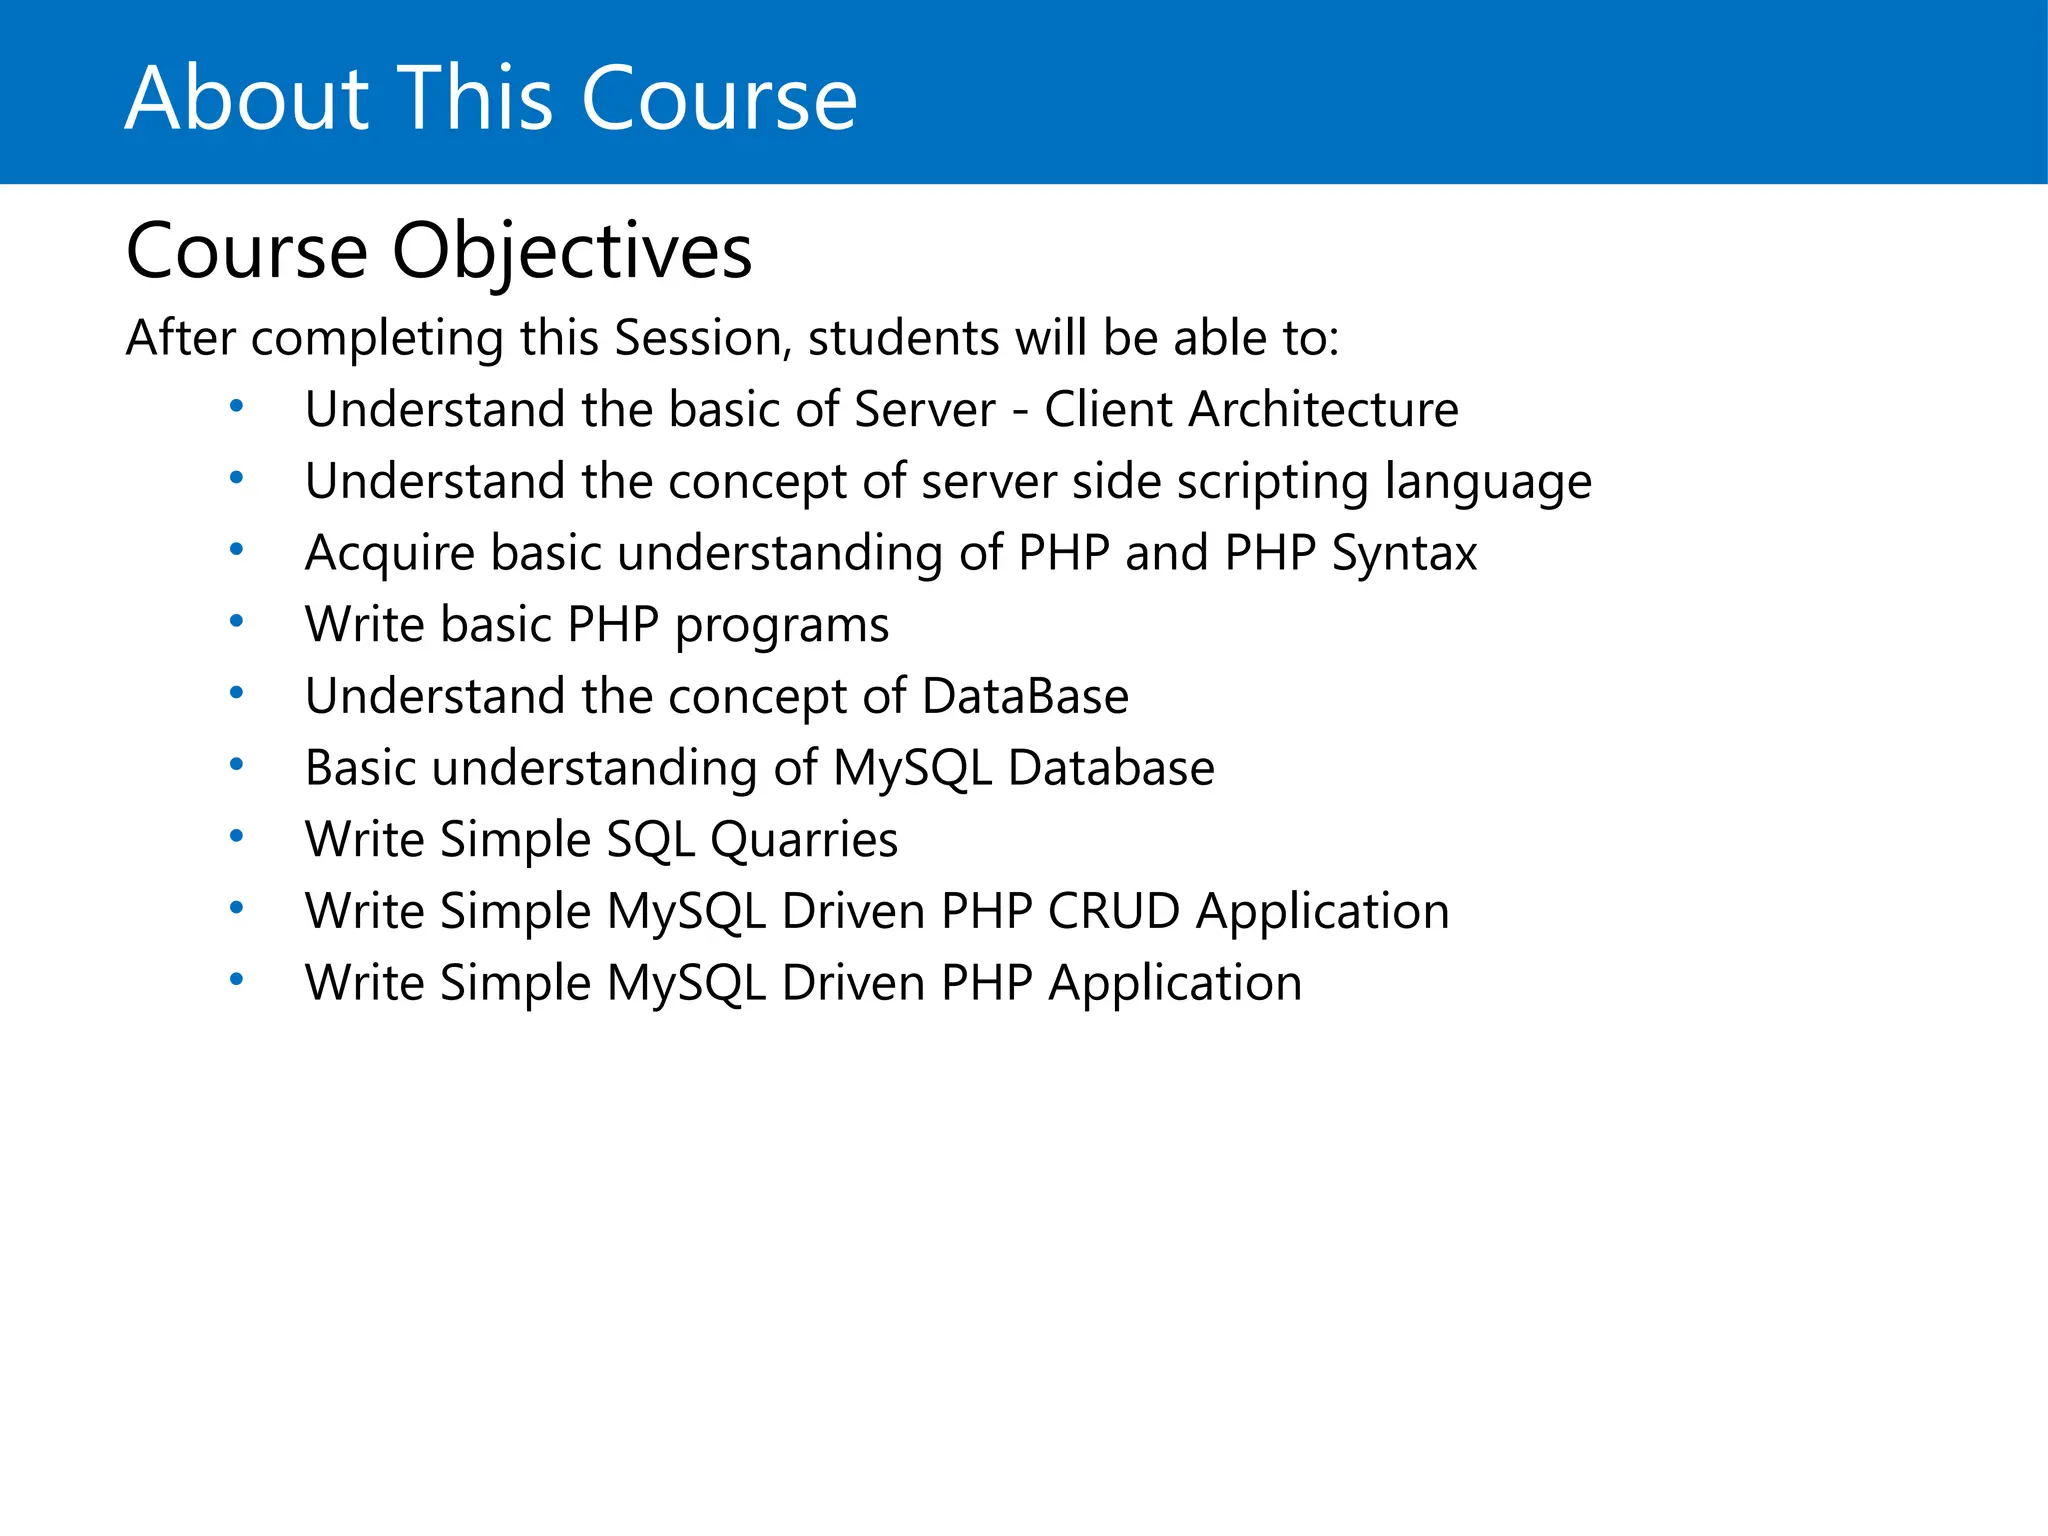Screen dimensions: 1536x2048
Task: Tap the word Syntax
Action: pyautogui.click(x=1404, y=554)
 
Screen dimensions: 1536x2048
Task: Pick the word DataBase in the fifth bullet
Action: pyautogui.click(x=1025, y=696)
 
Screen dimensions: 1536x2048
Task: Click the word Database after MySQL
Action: pyautogui.click(x=1110, y=768)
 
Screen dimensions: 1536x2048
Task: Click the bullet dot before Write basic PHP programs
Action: pyautogui.click(x=236, y=621)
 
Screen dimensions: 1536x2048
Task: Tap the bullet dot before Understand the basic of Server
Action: pyautogui.click(x=236, y=406)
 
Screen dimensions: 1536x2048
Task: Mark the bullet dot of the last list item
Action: pyautogui.click(x=236, y=979)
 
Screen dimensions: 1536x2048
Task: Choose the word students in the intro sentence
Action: pyautogui.click(x=903, y=338)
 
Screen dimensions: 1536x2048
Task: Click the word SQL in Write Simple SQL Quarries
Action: pyautogui.click(x=650, y=840)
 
